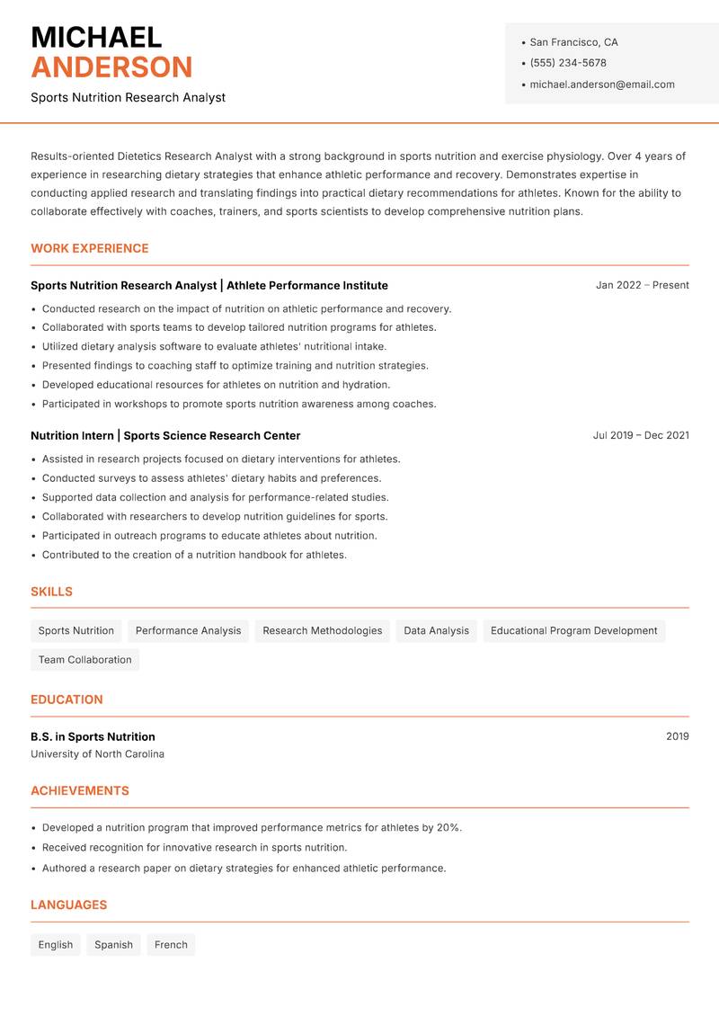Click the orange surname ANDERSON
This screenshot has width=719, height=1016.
click(111, 67)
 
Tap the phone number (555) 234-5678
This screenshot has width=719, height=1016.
click(568, 63)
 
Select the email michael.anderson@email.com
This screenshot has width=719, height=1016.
click(601, 85)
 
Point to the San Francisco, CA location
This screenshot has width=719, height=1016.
click(573, 42)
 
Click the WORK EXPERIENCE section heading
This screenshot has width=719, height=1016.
click(90, 248)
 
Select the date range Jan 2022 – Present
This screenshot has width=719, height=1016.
click(642, 285)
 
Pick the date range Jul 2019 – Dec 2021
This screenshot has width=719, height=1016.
click(641, 435)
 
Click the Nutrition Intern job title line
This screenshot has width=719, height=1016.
click(165, 435)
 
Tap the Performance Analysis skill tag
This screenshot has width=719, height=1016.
click(188, 630)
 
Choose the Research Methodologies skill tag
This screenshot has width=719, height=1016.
click(322, 630)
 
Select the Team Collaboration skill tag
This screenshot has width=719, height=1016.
click(84, 659)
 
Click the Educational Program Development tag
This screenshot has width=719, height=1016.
click(573, 630)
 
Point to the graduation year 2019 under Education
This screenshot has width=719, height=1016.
click(677, 736)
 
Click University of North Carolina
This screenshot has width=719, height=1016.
click(97, 754)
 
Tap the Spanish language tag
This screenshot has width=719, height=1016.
click(113, 944)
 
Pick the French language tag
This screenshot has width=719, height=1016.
click(171, 944)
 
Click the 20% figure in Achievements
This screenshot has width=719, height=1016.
click(448, 827)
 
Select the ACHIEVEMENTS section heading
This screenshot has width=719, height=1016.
click(80, 790)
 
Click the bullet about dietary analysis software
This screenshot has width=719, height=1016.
click(214, 346)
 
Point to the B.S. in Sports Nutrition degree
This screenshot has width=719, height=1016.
click(93, 736)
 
